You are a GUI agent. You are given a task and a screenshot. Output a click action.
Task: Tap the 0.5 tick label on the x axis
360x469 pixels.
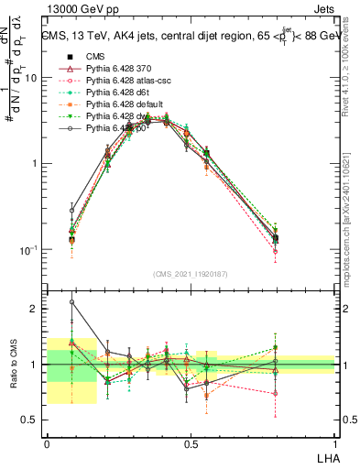click(x=191, y=442)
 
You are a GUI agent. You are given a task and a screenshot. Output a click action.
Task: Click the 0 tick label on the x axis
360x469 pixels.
click(x=48, y=442)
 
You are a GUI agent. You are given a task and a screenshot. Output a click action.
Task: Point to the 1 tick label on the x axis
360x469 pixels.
click(x=334, y=442)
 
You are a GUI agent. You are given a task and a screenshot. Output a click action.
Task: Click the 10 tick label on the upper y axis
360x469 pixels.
click(x=31, y=78)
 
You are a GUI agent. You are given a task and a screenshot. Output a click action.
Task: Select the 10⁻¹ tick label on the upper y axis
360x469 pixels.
click(x=29, y=249)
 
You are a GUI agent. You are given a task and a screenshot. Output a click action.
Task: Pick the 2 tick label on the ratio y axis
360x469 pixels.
click(x=36, y=309)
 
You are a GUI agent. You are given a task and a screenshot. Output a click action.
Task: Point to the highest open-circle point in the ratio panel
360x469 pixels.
click(x=72, y=301)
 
